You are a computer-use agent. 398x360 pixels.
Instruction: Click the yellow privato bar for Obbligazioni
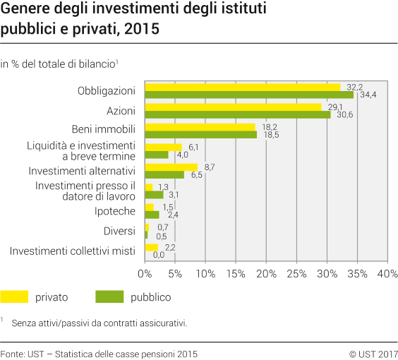pyautogui.click(x=242, y=87)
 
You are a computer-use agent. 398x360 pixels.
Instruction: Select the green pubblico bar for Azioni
pyautogui.click(x=237, y=114)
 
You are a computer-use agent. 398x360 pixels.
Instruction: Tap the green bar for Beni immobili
pyautogui.click(x=200, y=134)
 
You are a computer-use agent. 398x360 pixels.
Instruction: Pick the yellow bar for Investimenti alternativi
pyautogui.click(x=171, y=167)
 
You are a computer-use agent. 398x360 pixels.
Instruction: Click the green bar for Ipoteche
pyautogui.click(x=152, y=215)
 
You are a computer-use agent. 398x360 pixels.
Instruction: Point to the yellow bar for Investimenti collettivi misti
pyautogui.click(x=151, y=247)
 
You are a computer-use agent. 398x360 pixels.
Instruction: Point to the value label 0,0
pyautogui.click(x=158, y=255)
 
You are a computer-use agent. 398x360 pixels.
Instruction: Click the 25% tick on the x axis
pyautogui.click(x=296, y=273)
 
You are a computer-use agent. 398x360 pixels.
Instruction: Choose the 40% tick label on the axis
pyautogui.click(x=387, y=273)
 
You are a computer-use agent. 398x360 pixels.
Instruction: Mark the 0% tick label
pyautogui.click(x=145, y=273)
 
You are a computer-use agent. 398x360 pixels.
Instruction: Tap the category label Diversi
pyautogui.click(x=120, y=231)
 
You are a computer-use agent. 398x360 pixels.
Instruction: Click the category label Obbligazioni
pyautogui.click(x=107, y=90)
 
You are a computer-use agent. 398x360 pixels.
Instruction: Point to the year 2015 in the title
pyautogui.click(x=145, y=30)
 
